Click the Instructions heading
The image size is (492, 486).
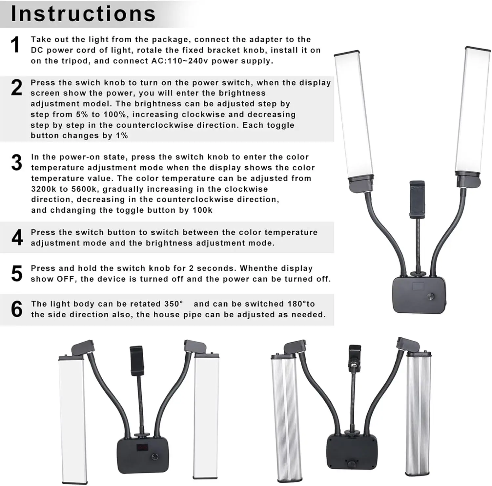tap(83, 14)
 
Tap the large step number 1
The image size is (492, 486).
tap(15, 45)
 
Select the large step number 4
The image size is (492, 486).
tap(17, 238)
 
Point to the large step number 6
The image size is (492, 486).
tap(17, 309)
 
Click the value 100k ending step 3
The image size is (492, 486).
tap(202, 210)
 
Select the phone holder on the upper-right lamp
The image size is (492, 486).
tap(417, 199)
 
